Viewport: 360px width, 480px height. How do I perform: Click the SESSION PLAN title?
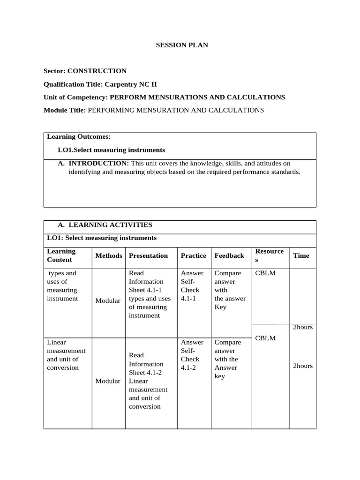pyautogui.click(x=181, y=45)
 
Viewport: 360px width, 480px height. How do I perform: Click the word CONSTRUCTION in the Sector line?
pyautogui.click(x=97, y=71)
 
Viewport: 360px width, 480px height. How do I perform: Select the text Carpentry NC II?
pyautogui.click(x=131, y=84)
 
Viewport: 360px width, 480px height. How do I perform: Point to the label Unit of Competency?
pyautogui.click(x=75, y=97)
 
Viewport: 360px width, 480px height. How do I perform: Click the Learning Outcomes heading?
pyautogui.click(x=79, y=136)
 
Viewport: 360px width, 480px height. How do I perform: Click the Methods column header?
pyautogui.click(x=109, y=255)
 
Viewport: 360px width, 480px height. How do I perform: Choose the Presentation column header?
pyautogui.click(x=148, y=255)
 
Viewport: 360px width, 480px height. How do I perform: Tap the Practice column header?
pyautogui.click(x=193, y=255)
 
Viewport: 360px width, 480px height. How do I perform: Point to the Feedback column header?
pyautogui.click(x=229, y=255)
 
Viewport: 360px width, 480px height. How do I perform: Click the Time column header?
pyautogui.click(x=301, y=255)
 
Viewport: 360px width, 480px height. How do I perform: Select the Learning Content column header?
pyautogui.click(x=61, y=255)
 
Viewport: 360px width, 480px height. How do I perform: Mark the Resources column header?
pyautogui.click(x=269, y=255)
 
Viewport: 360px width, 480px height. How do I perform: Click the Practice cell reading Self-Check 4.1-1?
pyautogui.click(x=192, y=286)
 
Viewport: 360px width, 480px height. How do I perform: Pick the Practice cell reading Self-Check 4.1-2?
pyautogui.click(x=192, y=355)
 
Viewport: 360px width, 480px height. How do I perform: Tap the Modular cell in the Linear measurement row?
pyautogui.click(x=108, y=381)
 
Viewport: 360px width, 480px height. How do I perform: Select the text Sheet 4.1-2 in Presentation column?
pyautogui.click(x=145, y=373)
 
